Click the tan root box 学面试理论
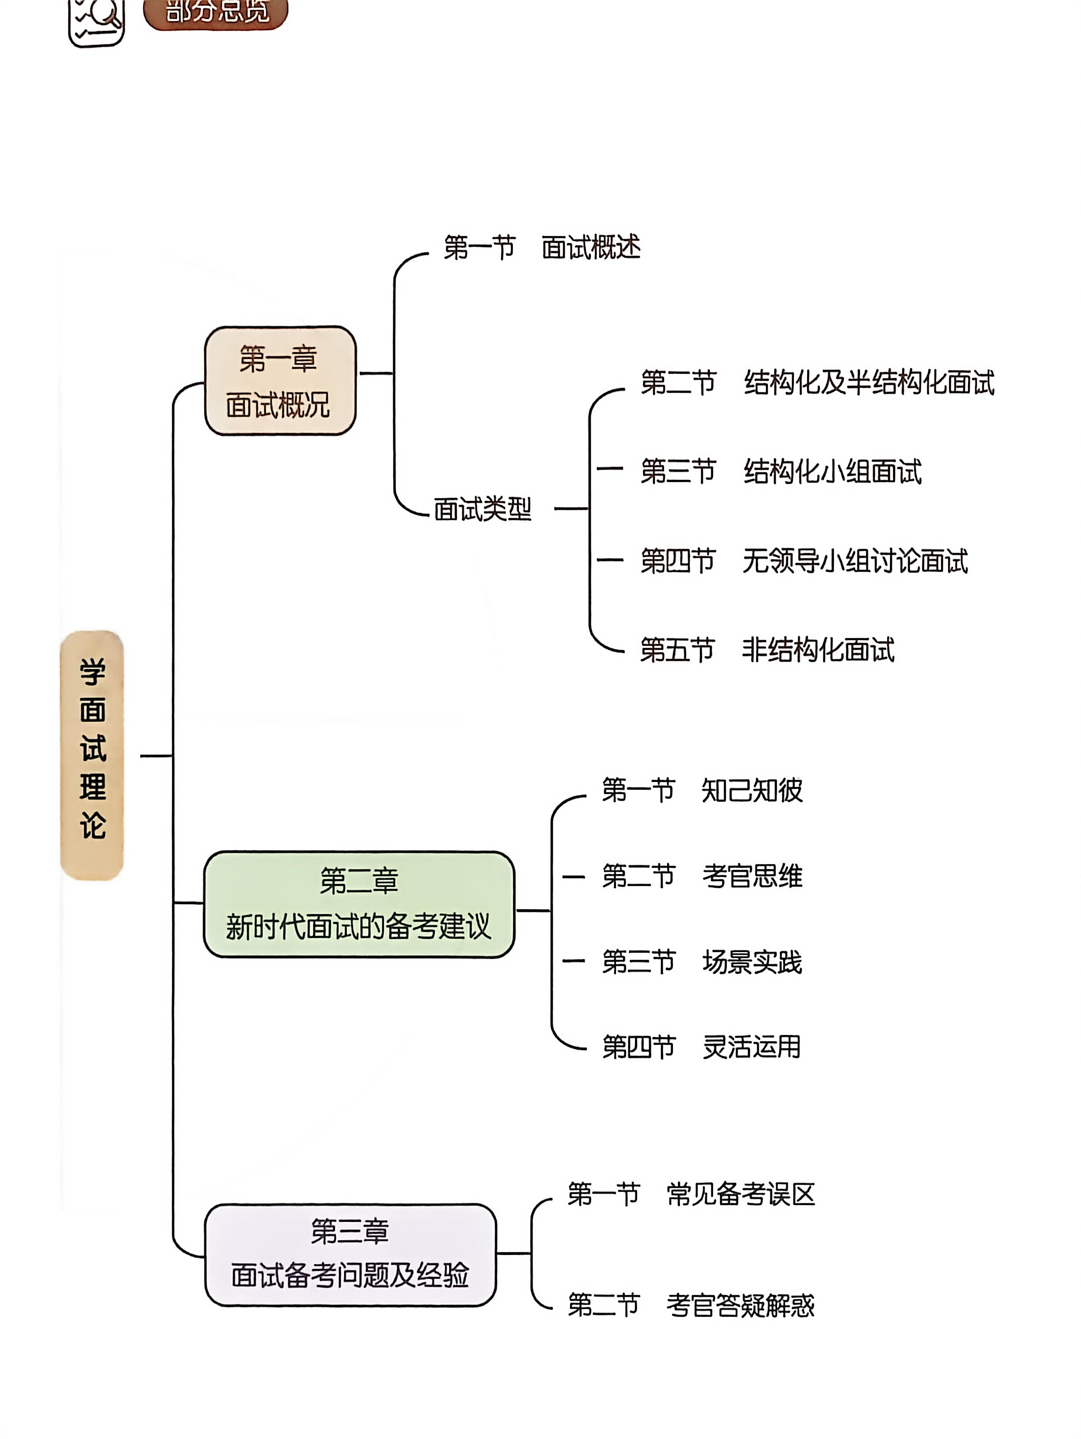92,755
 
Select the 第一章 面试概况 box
280,380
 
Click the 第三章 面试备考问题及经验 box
350,1254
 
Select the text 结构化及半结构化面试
868,383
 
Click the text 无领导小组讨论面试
855,561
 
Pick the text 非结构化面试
818,650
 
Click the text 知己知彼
751,791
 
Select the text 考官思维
751,876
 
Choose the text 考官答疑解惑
740,1305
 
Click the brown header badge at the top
215,12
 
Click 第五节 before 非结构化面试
677,650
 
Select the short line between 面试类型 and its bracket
571,509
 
